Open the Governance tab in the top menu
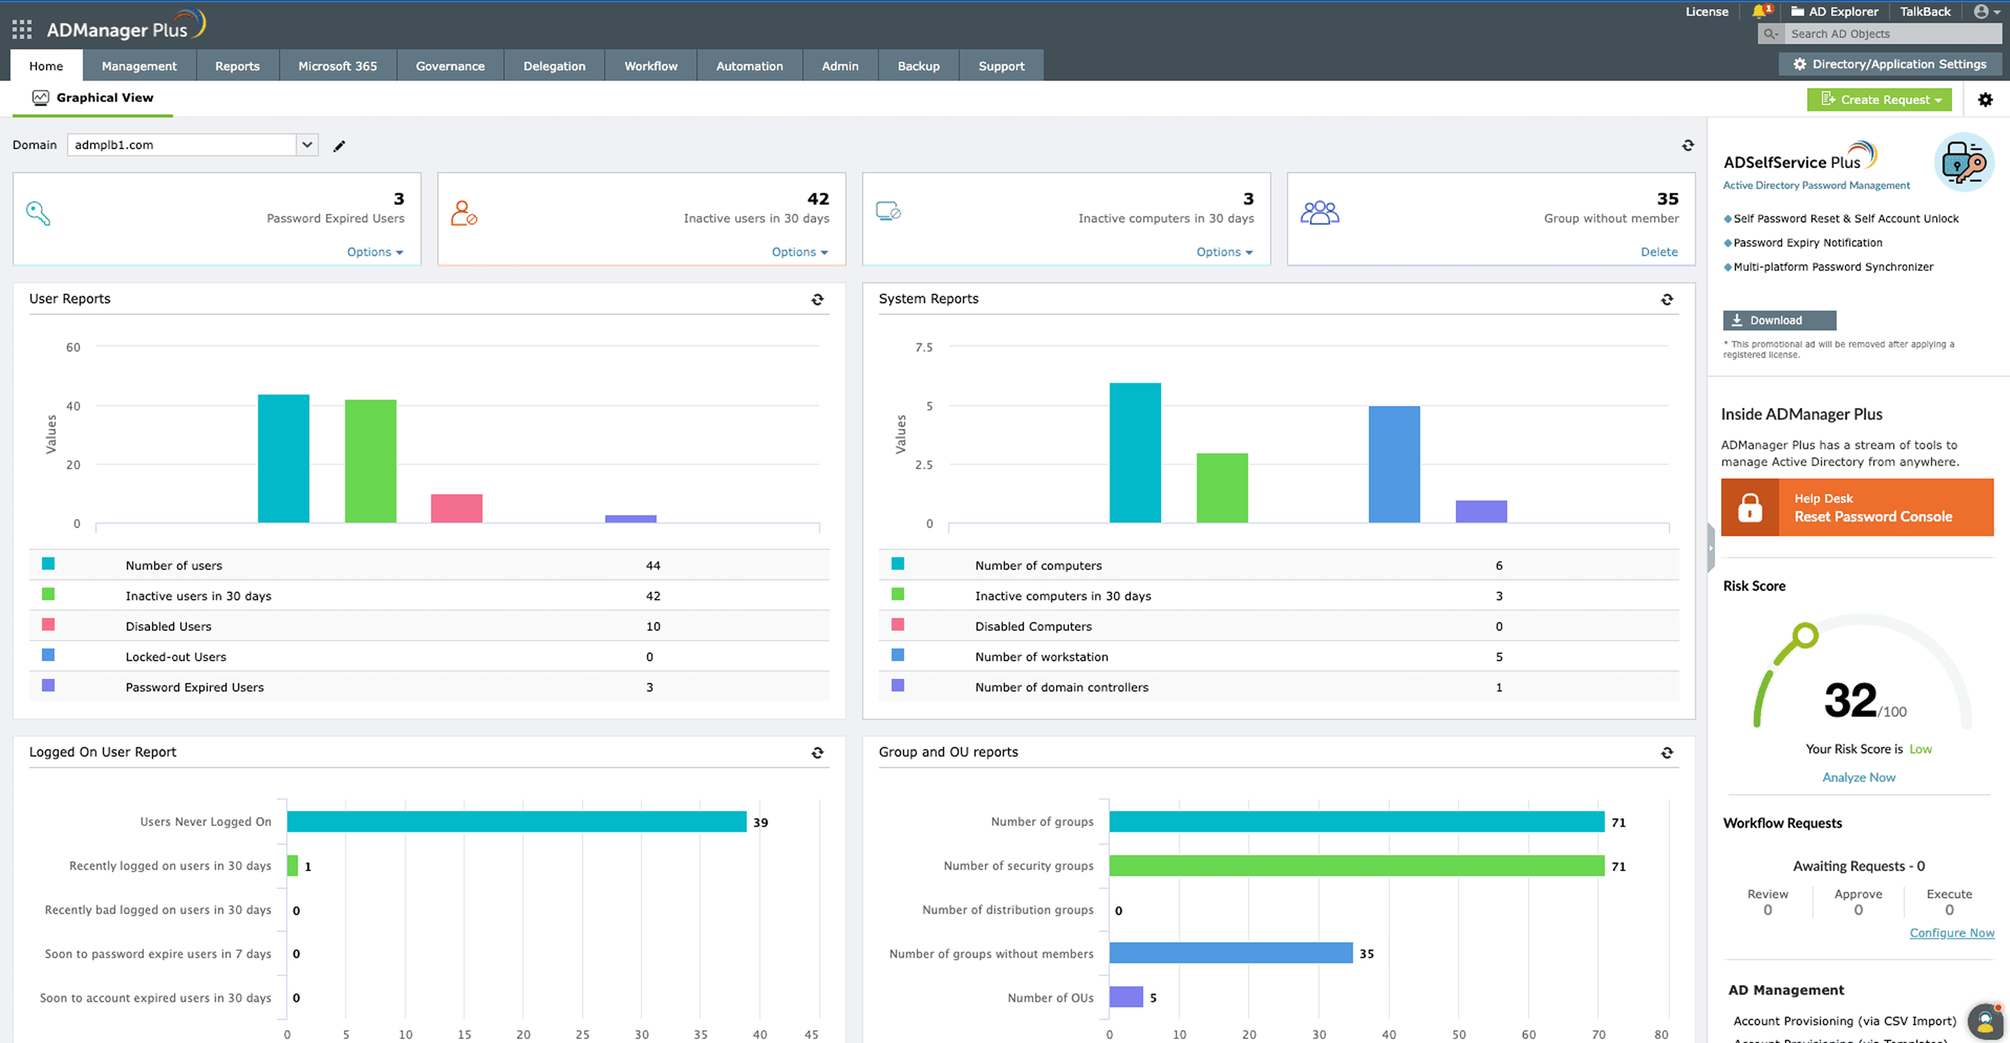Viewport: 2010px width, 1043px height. tap(449, 67)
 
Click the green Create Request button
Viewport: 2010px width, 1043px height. tap(1878, 100)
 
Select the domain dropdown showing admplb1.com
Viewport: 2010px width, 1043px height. tap(192, 144)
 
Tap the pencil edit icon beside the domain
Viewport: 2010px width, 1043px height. tap(339, 146)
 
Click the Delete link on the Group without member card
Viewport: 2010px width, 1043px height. tap(1658, 252)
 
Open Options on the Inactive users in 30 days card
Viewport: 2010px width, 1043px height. tap(798, 252)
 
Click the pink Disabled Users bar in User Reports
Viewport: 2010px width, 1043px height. tap(456, 508)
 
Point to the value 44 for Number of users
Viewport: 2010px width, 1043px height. tap(652, 565)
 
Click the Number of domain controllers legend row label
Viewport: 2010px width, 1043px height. tap(1061, 687)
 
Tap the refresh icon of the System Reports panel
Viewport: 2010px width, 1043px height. tap(1667, 300)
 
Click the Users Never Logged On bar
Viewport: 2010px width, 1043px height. tap(516, 821)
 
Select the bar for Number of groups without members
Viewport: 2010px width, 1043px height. tap(1230, 953)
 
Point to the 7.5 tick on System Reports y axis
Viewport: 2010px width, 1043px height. tap(923, 347)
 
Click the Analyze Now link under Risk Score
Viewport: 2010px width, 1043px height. tap(1858, 778)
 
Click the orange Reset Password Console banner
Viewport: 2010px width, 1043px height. tap(1856, 507)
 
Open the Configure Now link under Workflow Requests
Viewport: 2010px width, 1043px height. tap(1951, 933)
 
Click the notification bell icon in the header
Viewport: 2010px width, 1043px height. tap(1759, 11)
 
